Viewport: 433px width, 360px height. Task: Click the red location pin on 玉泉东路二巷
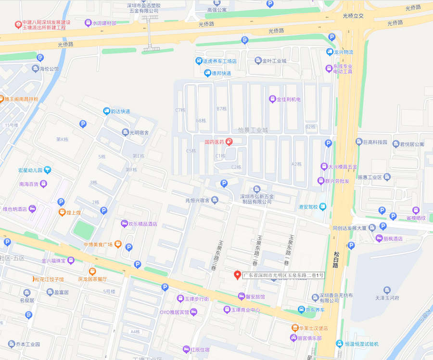coord(237,275)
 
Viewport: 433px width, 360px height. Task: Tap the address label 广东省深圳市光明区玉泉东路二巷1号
coord(283,275)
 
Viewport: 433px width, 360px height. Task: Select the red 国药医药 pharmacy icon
coord(229,142)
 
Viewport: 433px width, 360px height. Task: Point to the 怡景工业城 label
coord(252,130)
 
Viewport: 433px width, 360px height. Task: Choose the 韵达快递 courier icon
coord(106,111)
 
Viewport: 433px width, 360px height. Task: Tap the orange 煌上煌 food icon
coord(62,212)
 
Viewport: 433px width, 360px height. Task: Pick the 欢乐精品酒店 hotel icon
coord(124,224)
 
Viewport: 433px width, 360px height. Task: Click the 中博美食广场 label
coord(98,244)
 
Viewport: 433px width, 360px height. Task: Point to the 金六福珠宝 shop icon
coord(71,260)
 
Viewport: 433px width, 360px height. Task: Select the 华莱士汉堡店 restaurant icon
coord(293,328)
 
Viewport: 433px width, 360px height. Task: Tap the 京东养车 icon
coord(301,309)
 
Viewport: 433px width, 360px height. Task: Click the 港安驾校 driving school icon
coord(322,207)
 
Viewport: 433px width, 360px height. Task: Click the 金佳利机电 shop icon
coord(273,99)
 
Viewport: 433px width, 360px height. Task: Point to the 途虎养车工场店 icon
coord(199,61)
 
